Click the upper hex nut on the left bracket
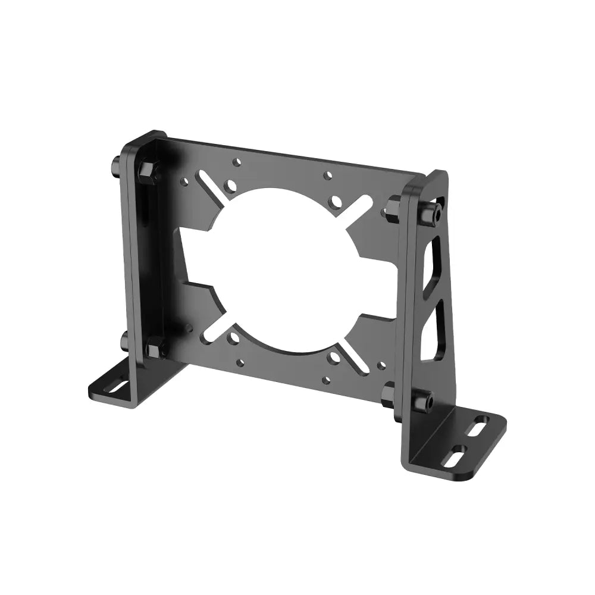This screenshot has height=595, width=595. coord(146,171)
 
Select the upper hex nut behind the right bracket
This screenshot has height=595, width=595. coord(394,205)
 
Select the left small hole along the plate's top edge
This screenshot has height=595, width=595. coord(237,161)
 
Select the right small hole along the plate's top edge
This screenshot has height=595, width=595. coord(327,176)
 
